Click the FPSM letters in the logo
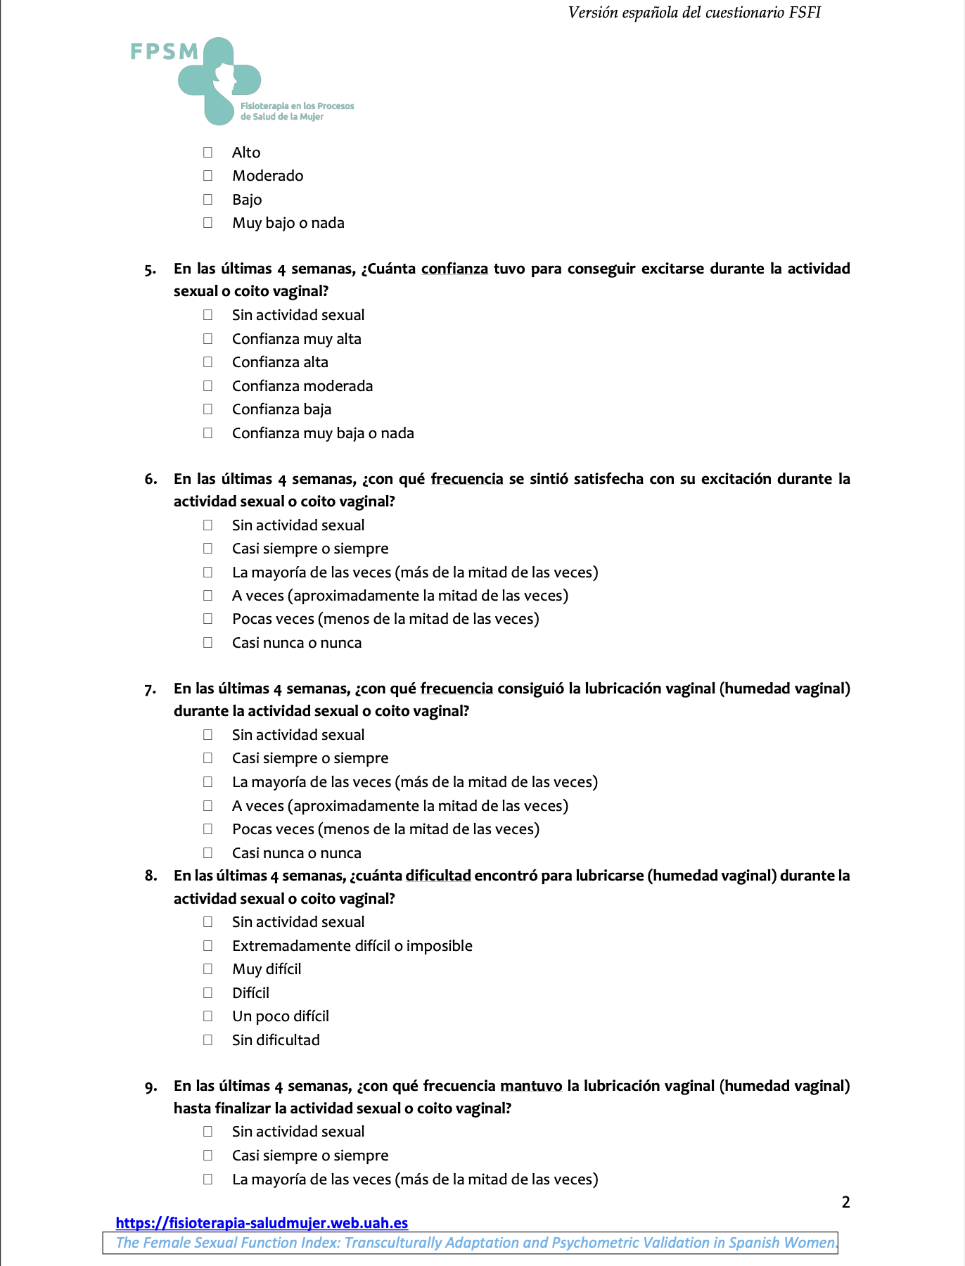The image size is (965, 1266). point(165,52)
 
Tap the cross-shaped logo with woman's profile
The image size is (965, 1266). point(219,81)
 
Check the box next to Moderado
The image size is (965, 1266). point(207,176)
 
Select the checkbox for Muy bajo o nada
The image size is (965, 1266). point(207,223)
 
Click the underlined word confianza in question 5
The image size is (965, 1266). point(454,269)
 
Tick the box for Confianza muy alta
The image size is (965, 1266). point(207,339)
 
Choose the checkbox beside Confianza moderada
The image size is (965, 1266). point(207,386)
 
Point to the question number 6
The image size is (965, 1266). point(151,479)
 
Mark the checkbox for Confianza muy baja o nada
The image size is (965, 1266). point(207,433)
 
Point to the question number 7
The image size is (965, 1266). point(151,689)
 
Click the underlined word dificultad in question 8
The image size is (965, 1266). point(438,876)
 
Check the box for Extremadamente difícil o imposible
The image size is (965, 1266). point(207,946)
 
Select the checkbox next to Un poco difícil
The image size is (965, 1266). point(207,1016)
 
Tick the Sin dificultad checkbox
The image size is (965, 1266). point(207,1040)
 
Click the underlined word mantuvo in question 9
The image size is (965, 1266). point(531,1086)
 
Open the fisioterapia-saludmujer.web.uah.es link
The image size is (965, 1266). point(262,1223)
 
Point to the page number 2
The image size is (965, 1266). point(845,1202)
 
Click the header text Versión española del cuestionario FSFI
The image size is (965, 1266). point(694,13)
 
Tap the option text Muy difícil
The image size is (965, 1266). point(267,969)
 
